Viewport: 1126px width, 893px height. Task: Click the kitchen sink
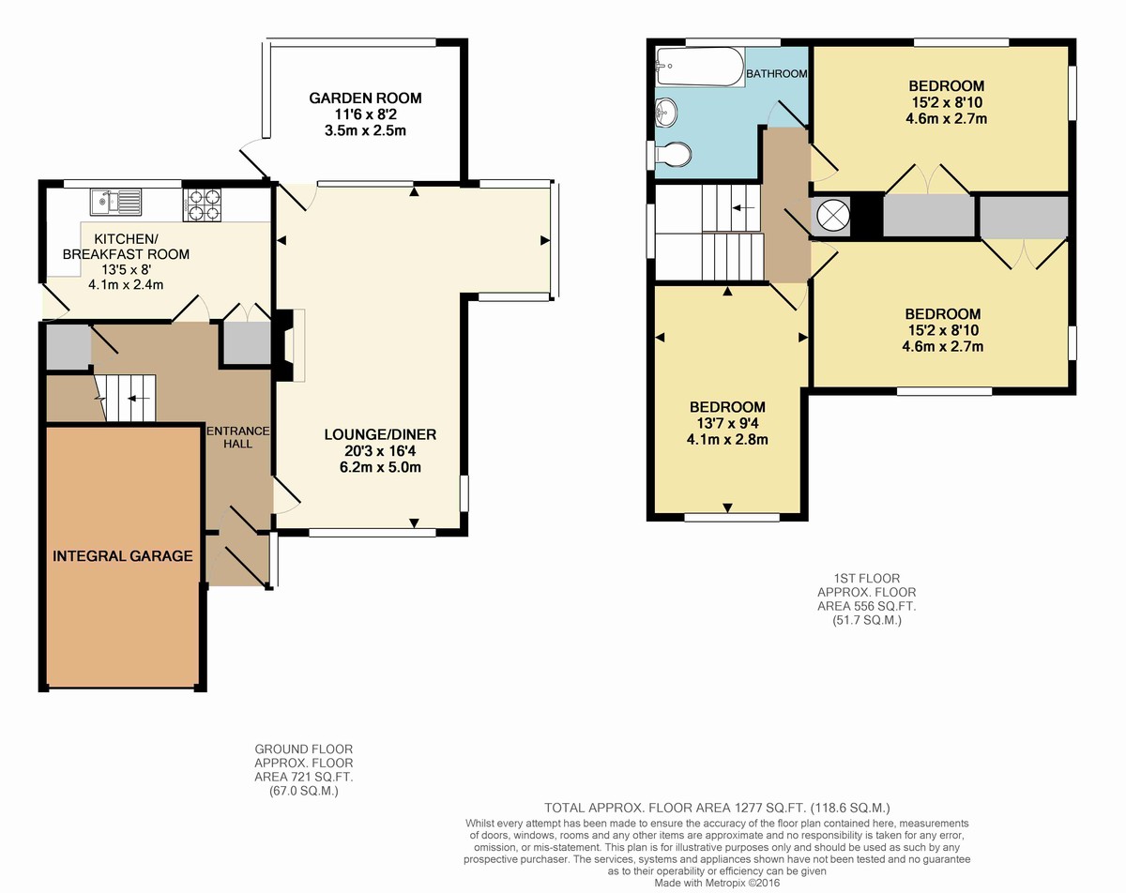click(x=115, y=203)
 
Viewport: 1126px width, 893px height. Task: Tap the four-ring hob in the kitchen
click(x=202, y=204)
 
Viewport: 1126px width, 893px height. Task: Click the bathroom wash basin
click(x=666, y=113)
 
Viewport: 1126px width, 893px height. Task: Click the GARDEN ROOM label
click(x=365, y=98)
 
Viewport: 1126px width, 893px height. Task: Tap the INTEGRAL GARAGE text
click(x=122, y=555)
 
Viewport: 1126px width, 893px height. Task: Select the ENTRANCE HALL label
click(x=238, y=437)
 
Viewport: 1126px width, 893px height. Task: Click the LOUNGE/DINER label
click(x=380, y=434)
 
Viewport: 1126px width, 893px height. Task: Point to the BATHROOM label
click(x=777, y=74)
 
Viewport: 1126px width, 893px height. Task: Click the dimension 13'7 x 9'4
click(x=727, y=423)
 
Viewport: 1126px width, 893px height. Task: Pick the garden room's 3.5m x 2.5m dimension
click(x=365, y=130)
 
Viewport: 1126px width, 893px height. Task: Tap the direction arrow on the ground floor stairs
click(x=139, y=399)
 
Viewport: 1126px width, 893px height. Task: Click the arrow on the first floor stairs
click(x=743, y=208)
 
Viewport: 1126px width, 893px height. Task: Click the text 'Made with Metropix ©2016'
click(x=717, y=883)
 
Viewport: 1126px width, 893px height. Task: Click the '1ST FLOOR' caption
click(x=866, y=578)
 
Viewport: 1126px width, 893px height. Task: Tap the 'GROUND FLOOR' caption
click(x=303, y=749)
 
